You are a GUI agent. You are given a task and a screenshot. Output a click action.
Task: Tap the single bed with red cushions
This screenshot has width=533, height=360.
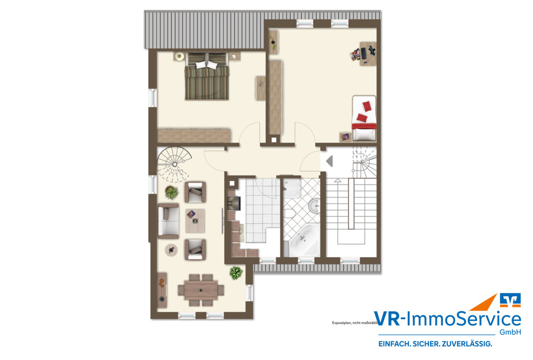pyautogui.click(x=364, y=119)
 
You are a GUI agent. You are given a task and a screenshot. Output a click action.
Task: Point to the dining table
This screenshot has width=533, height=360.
pyautogui.click(x=200, y=290)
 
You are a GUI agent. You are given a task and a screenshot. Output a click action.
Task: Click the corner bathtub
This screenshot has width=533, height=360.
pyautogui.click(x=303, y=241)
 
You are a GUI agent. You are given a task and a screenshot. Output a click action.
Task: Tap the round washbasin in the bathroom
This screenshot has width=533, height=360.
pyautogui.click(x=314, y=207)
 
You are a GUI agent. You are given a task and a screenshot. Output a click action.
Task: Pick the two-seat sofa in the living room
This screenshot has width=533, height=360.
pyautogui.click(x=168, y=220)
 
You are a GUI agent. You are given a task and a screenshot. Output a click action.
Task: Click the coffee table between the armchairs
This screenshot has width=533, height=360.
pyautogui.click(x=195, y=221)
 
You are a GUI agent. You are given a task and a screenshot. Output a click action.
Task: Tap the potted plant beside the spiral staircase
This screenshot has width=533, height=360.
pyautogui.click(x=171, y=193)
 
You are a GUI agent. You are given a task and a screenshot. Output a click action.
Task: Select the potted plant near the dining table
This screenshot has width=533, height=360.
pyautogui.click(x=236, y=273)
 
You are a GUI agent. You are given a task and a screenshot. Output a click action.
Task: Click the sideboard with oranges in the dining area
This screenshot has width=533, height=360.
pyautogui.click(x=162, y=289)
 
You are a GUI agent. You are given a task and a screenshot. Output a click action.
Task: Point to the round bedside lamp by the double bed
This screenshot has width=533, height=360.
pyautogui.click(x=180, y=56)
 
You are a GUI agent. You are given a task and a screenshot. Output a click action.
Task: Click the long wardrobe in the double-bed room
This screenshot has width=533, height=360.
pyautogui.click(x=194, y=135)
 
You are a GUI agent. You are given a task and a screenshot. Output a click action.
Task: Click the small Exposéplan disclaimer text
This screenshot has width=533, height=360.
pyautogui.click(x=351, y=323)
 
